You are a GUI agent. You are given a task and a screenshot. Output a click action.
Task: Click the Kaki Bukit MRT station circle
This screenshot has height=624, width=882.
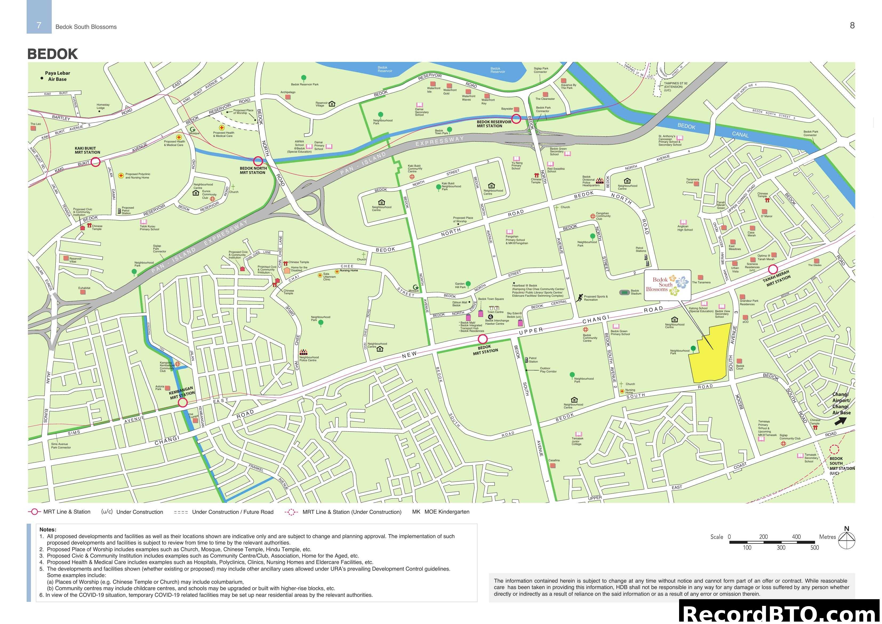point(96,162)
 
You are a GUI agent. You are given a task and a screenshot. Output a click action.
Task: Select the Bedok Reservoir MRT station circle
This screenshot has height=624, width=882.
point(516,119)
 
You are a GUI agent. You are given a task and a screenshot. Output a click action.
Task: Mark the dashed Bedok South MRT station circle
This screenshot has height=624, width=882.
point(834,450)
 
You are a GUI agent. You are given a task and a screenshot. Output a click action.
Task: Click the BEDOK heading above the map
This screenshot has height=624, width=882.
point(53,54)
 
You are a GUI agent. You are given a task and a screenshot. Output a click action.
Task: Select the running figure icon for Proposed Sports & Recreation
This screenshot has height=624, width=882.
point(579,297)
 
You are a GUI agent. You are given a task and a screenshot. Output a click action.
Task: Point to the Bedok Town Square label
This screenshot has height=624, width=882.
point(491,299)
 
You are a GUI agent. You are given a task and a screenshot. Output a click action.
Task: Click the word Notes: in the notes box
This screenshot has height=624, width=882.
point(48,529)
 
